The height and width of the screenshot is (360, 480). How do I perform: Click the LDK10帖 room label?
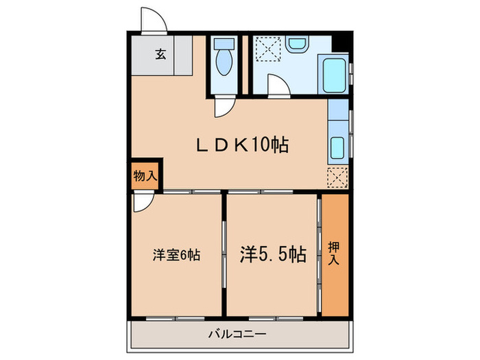tap(241, 145)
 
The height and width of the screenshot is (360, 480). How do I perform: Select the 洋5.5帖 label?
tap(272, 255)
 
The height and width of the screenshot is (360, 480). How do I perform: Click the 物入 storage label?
tap(145, 176)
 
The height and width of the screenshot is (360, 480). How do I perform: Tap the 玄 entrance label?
tap(160, 54)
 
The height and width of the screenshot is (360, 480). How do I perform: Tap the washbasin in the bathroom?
tap(296, 45)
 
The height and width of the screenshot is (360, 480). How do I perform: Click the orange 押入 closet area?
tap(334, 274)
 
